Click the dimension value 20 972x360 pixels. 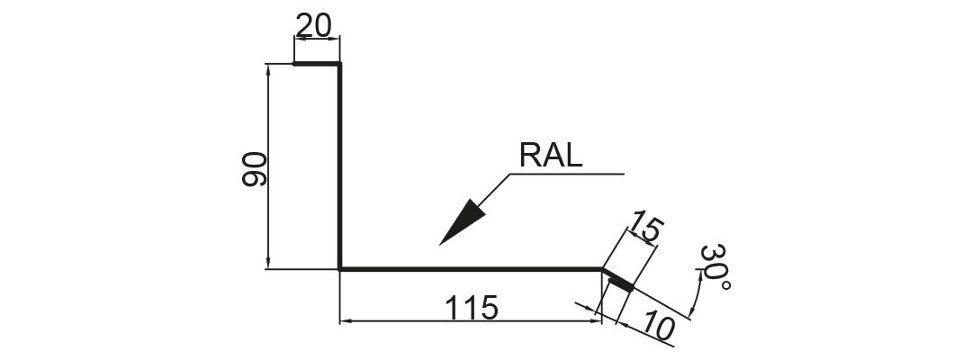(x=314, y=25)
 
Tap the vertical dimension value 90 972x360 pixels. (x=254, y=169)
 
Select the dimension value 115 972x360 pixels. (x=471, y=308)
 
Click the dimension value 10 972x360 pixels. (x=658, y=325)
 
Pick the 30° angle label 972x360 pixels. (x=715, y=267)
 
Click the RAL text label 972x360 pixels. (x=551, y=155)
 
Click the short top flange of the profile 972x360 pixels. (x=316, y=63)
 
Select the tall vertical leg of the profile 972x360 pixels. (x=339, y=166)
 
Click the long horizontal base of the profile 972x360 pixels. (x=471, y=269)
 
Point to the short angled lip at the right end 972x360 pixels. (x=618, y=279)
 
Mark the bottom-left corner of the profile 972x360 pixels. (x=339, y=269)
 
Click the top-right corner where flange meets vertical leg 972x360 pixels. (x=339, y=63)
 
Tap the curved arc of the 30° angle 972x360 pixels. (x=697, y=292)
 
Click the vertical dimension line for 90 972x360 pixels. (x=268, y=166)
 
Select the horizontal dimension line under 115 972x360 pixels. (x=471, y=321)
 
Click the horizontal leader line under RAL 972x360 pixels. (x=567, y=174)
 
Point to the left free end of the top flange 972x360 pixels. (x=293, y=63)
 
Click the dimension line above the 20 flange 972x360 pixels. (x=317, y=39)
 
